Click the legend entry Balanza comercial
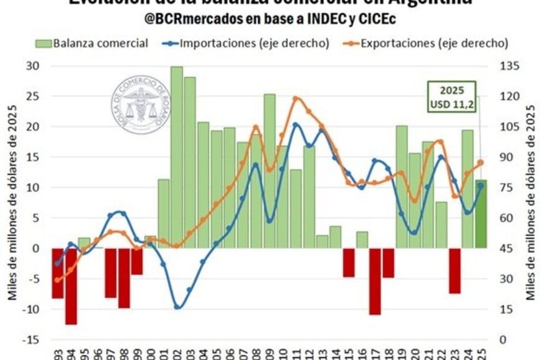point(93,43)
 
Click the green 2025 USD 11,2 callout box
point(452,97)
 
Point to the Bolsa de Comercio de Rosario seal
point(141,104)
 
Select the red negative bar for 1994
point(71,286)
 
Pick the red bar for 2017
point(375,281)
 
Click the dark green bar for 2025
point(481,214)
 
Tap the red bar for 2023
point(455,270)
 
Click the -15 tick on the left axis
point(29,340)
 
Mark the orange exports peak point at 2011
point(296,98)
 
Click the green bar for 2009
point(269,171)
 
